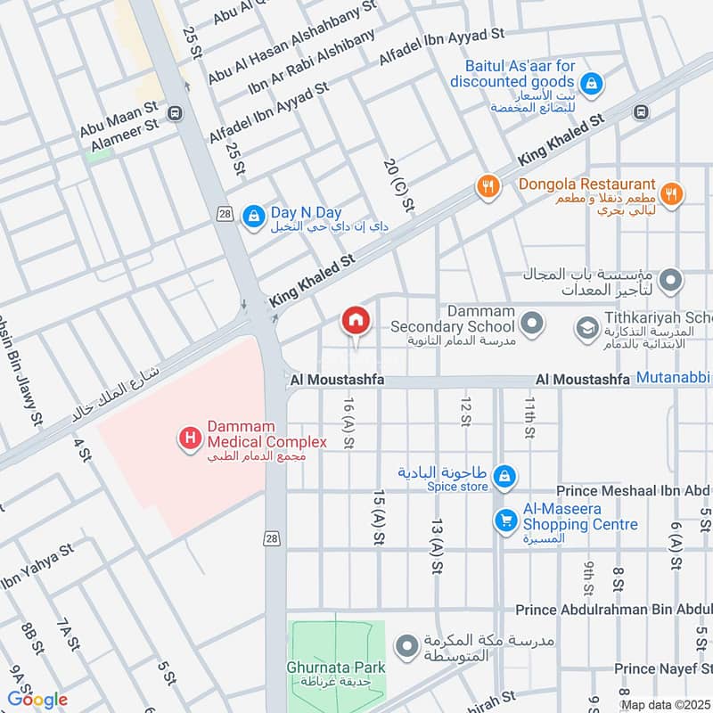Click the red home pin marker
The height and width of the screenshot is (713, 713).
coord(355,320)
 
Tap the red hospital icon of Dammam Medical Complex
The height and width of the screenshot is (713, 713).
coord(190,438)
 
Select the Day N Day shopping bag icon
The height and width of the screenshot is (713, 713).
coord(254,215)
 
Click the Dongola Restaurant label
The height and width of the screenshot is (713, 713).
coord(587,184)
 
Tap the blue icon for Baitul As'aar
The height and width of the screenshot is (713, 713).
coord(594,86)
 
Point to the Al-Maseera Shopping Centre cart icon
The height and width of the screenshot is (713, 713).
coord(505,518)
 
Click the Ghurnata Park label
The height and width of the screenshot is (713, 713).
coord(336,667)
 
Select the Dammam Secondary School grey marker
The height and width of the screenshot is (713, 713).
coord(532,324)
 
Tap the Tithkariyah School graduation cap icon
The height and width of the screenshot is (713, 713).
coord(586,328)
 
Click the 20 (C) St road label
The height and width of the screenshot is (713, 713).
coord(399,185)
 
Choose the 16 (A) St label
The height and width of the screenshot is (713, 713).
coord(348,422)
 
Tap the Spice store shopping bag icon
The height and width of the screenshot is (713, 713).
coord(504,474)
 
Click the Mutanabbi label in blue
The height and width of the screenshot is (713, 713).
coord(673,378)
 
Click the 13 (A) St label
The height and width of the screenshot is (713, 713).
coord(437,543)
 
